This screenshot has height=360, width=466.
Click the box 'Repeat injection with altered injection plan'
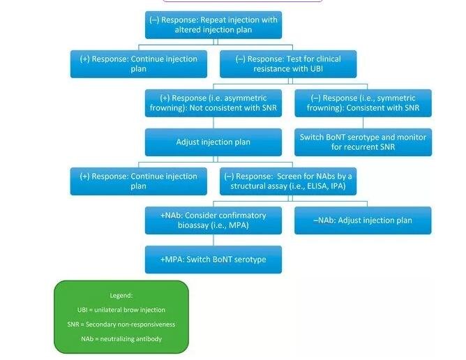213,25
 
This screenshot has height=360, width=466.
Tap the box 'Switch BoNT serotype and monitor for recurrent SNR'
362,142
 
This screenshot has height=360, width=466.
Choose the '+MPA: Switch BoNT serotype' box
213,260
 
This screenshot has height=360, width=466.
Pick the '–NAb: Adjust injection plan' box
362,220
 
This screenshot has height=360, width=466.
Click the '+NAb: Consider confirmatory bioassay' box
213,220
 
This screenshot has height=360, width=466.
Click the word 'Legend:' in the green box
121,295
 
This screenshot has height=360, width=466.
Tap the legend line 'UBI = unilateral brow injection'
121,310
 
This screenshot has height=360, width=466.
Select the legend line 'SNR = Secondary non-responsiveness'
121,324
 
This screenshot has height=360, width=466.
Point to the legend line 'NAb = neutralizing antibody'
121,339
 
